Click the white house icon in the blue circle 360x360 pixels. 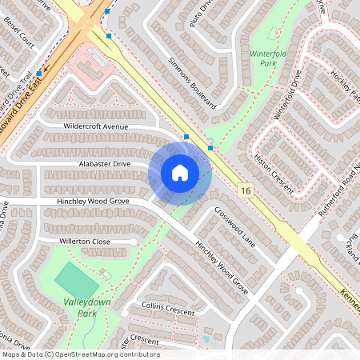coord(180,172)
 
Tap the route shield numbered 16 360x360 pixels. coord(245,190)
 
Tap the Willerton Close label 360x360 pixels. coord(84,241)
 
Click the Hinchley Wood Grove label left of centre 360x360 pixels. coord(93,201)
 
